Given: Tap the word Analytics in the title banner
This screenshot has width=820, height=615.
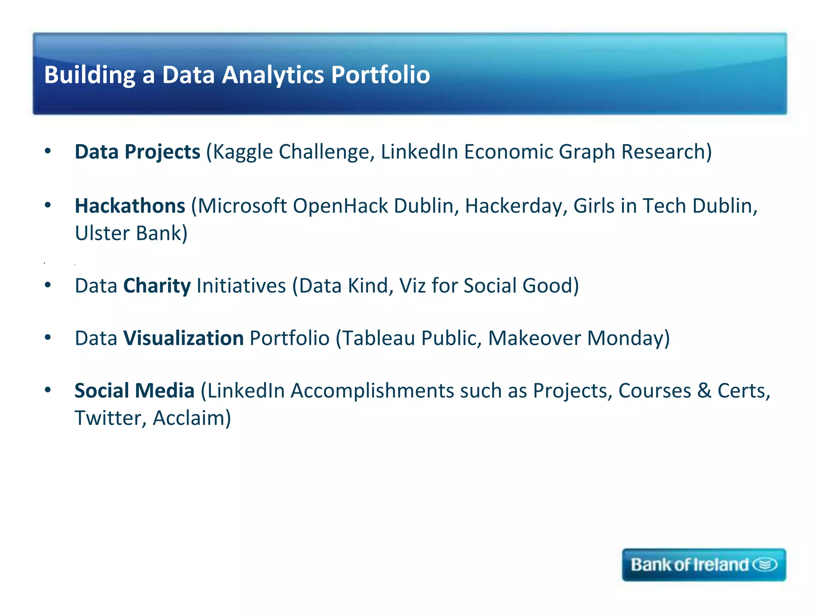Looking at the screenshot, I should [x=273, y=75].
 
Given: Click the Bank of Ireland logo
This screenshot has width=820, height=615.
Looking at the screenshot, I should [x=703, y=565].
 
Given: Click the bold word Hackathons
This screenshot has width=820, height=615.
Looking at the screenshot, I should [x=130, y=206].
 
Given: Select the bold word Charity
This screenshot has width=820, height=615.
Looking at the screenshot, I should [x=157, y=286].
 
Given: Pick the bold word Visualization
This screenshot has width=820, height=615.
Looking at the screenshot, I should [x=183, y=338].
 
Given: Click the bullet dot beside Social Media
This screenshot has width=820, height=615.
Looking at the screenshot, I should [x=48, y=390].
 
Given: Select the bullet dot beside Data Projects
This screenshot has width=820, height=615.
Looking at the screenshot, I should [x=48, y=151].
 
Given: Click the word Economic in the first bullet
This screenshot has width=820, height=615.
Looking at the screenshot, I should [x=508, y=152].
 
